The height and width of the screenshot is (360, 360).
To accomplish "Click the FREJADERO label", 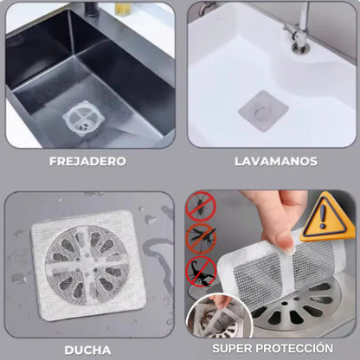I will click(87, 161).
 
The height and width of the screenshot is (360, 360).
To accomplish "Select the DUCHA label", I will click(87, 349).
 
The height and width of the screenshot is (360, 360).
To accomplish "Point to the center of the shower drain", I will click(87, 260).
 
